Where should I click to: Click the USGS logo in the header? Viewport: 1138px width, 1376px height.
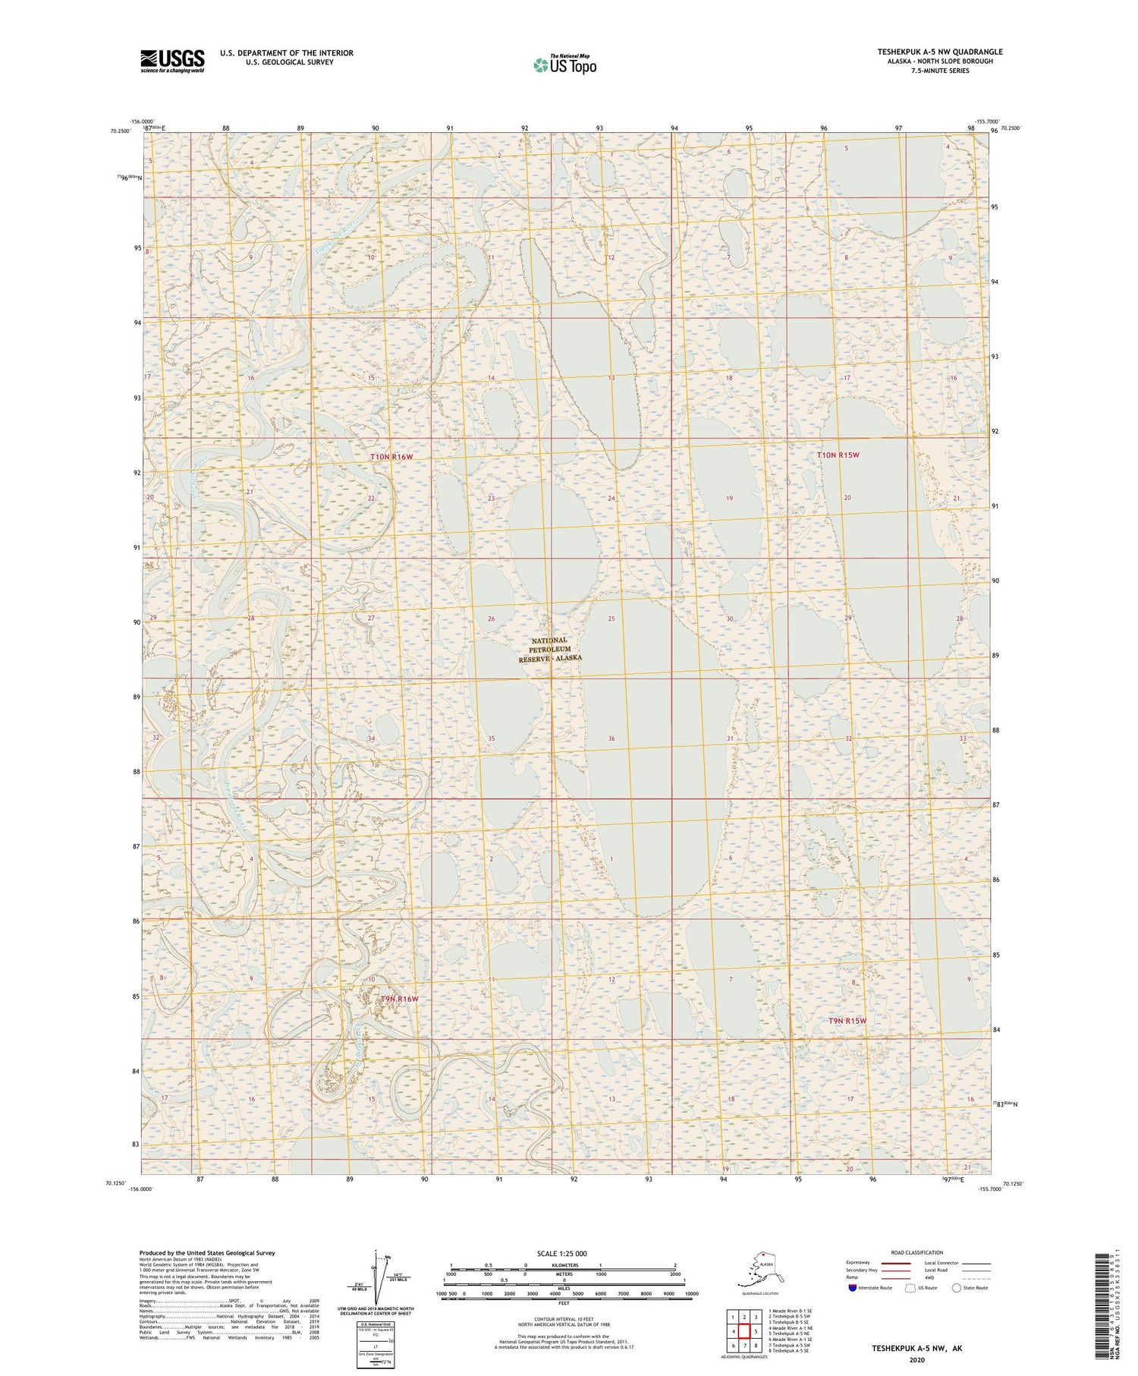click(x=172, y=60)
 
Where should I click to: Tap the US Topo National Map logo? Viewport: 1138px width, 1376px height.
click(x=564, y=65)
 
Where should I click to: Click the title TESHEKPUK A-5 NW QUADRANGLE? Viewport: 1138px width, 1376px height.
click(x=939, y=52)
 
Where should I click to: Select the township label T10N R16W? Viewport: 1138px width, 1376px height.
click(x=391, y=456)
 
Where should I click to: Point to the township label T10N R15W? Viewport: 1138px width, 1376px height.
click(x=838, y=455)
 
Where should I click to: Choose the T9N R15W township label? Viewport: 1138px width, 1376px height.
click(x=847, y=1021)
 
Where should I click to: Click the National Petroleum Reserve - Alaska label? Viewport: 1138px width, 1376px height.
click(x=550, y=650)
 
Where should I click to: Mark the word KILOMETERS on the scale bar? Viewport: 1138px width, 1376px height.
click(x=564, y=1265)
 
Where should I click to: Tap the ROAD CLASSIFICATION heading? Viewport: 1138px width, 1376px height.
click(x=916, y=1252)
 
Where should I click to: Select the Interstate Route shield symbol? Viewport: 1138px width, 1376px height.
click(x=853, y=1288)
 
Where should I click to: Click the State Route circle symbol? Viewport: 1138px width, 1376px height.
click(x=957, y=1288)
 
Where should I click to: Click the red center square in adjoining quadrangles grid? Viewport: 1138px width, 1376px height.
click(x=744, y=1331)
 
